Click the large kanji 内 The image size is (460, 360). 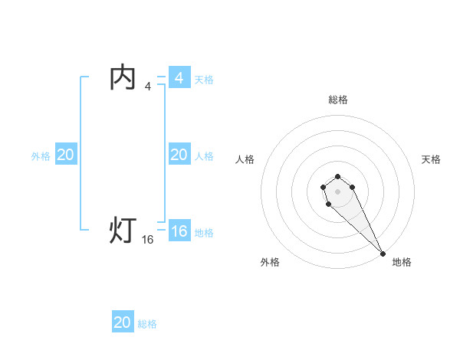click(123, 78)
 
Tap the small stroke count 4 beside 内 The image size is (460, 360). click(148, 87)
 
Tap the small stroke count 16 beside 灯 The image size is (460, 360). click(148, 240)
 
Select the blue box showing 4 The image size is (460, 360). click(179, 78)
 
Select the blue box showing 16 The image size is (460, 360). click(179, 231)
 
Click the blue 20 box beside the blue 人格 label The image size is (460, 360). click(179, 155)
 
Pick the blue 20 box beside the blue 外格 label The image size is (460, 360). click(66, 155)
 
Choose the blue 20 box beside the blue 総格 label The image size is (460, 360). click(123, 322)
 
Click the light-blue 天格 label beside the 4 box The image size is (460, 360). click(204, 80)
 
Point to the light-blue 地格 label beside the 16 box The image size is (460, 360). click(204, 233)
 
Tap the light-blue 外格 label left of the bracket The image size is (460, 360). click(41, 156)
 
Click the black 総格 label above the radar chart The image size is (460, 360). click(338, 100)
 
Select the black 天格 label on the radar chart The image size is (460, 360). click(432, 159)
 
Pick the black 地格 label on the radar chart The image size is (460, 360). click(402, 262)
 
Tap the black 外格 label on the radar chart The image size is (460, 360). click(270, 262)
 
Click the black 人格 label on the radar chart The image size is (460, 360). click(245, 159)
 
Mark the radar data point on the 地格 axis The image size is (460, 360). click(383, 254)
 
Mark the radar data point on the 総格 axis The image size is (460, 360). click(338, 175)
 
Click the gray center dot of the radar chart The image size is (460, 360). click(338, 191)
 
